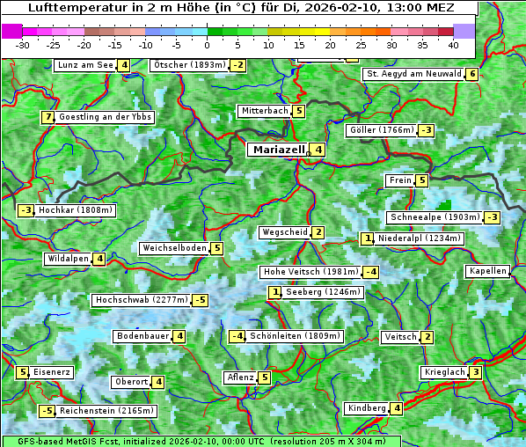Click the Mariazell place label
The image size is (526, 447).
[278, 150]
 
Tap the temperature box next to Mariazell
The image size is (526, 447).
[318, 150]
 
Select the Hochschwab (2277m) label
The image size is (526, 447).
[141, 300]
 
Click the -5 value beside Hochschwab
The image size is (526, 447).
[201, 300]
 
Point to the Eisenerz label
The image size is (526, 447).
[52, 372]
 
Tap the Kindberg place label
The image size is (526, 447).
[366, 408]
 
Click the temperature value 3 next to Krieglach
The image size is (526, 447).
[475, 372]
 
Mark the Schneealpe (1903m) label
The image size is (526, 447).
[435, 217]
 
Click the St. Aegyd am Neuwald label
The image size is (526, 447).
[413, 74]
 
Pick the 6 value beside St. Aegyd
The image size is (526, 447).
[472, 74]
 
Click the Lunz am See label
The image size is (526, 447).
[84, 65]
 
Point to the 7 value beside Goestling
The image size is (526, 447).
[47, 117]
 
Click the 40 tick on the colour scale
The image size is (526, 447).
[453, 45]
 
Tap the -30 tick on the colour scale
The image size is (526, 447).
[23, 45]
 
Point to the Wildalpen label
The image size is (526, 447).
[68, 259]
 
